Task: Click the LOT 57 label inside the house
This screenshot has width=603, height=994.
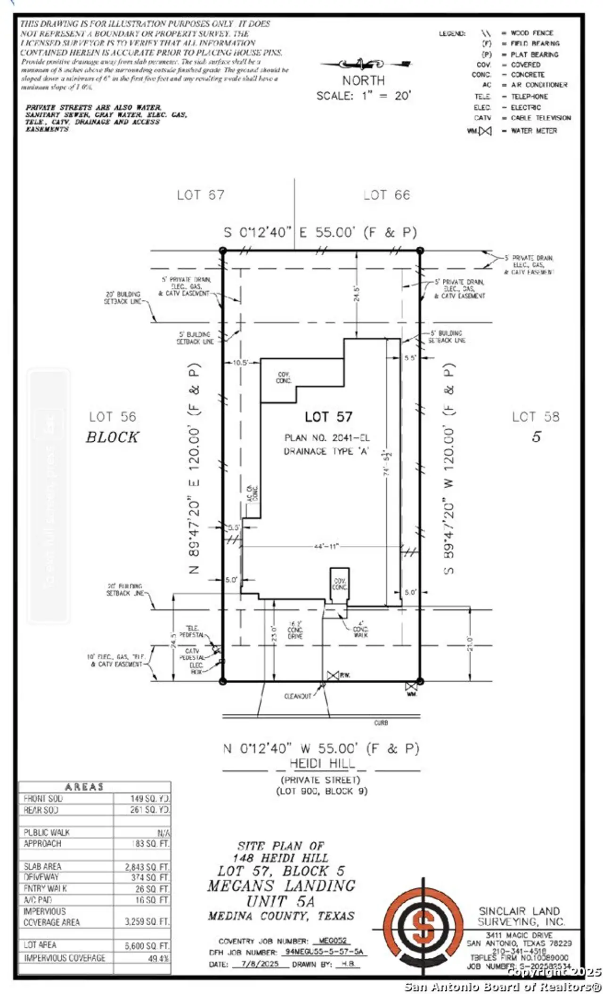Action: point(328,416)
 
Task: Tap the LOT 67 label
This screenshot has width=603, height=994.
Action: point(200,195)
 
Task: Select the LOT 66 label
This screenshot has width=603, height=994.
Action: point(386,195)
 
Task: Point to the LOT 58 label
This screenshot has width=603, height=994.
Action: point(536,417)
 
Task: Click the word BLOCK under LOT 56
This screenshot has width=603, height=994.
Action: point(112,437)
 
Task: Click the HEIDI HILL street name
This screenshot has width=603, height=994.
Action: point(322,763)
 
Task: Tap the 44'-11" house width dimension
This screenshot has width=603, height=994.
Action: point(326,546)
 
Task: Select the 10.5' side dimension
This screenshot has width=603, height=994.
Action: point(240,363)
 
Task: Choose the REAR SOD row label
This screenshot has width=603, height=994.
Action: point(41,810)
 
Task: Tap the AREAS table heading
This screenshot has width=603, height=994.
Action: point(84,787)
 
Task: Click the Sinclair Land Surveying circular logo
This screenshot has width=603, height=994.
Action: point(423,930)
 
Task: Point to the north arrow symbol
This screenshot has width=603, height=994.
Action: point(364,64)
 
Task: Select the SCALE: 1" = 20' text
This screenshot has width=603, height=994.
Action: point(364,96)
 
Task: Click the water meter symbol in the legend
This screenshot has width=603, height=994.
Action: point(485,131)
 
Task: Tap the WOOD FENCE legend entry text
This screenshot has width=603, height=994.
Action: point(532,33)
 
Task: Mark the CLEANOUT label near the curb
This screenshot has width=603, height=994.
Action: point(298,696)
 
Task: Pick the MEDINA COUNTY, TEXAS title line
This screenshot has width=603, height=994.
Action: point(281,916)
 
